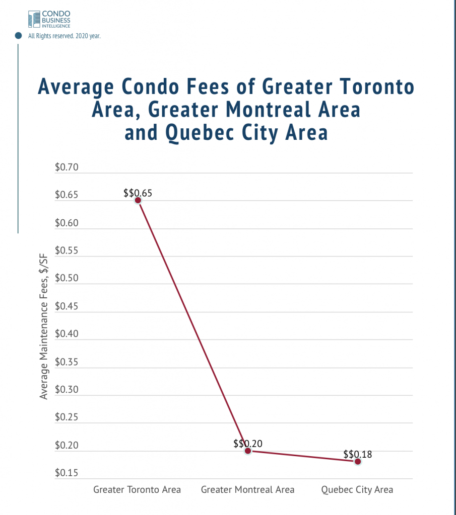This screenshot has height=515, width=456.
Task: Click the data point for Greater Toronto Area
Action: (x=138, y=200)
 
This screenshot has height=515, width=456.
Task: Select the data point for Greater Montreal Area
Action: (x=247, y=451)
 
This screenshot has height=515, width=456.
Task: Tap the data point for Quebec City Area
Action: (x=358, y=461)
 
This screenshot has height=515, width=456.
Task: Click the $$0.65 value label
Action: (x=137, y=193)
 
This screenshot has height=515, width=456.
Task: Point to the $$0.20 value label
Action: (x=248, y=444)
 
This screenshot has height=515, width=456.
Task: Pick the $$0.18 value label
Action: (x=358, y=454)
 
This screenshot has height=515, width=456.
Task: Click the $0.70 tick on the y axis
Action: (x=67, y=168)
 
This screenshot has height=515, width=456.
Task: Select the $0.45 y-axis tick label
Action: (x=67, y=307)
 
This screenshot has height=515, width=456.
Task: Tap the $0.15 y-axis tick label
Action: (x=67, y=473)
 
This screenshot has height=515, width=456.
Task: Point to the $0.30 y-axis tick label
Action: (x=67, y=390)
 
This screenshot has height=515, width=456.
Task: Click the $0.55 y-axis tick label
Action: (x=67, y=251)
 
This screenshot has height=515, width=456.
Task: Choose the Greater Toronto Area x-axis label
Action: (x=137, y=489)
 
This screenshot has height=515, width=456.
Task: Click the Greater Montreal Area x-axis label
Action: (x=247, y=489)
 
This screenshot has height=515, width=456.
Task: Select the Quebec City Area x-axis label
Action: (x=357, y=489)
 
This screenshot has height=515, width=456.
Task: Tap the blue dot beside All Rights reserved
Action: (x=19, y=36)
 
